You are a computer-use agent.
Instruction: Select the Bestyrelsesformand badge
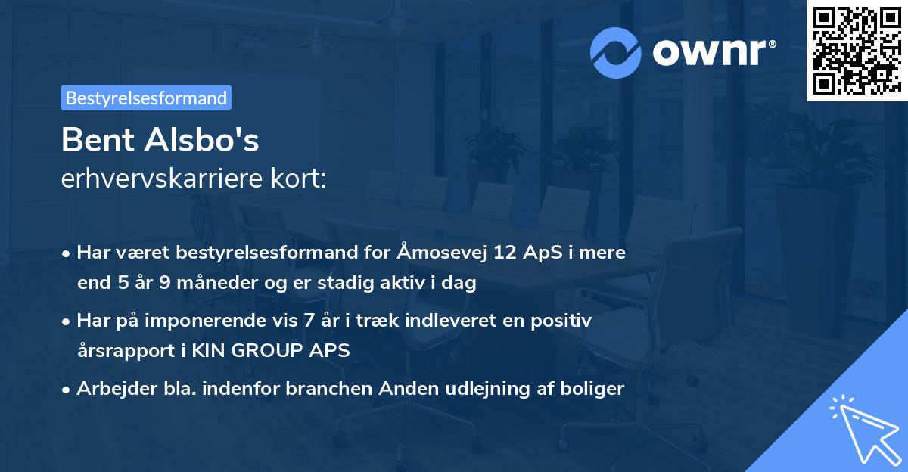coord(146,98)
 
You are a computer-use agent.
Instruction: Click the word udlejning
coord(492,389)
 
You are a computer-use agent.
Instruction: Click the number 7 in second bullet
coord(307,321)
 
